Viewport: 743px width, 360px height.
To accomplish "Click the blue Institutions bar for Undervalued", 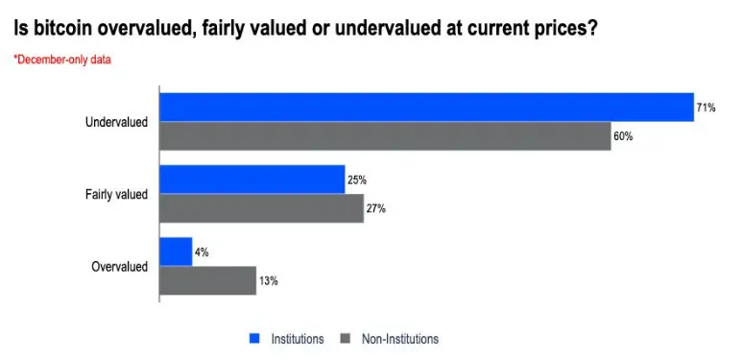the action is [426, 108].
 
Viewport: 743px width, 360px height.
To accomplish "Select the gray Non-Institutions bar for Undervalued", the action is [385, 136].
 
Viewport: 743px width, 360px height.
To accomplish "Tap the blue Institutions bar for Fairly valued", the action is [252, 180].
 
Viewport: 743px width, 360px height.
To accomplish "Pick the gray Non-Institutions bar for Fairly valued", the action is [261, 208].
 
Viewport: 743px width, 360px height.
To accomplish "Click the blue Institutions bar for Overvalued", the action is [176, 252].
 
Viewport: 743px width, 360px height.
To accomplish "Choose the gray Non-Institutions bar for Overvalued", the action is [208, 280].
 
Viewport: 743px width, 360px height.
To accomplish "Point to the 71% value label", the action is [706, 108].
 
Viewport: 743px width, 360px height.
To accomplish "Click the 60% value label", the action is [623, 136].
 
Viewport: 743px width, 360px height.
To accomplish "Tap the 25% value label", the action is [357, 180].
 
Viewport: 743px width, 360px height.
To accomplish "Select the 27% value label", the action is [375, 209].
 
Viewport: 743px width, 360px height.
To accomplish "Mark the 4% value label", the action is [202, 252].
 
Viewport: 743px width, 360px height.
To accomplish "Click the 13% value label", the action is [268, 281].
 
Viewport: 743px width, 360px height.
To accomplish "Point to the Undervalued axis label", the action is [116, 122].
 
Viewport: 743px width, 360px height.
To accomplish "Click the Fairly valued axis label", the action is [116, 195].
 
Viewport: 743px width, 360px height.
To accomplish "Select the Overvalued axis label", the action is [119, 267].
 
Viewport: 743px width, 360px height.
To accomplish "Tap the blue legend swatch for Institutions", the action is [255, 339].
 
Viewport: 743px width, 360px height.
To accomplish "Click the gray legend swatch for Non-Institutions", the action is [346, 339].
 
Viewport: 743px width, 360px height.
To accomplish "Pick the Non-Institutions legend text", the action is [400, 339].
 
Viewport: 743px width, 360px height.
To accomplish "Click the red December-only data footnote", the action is [62, 60].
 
